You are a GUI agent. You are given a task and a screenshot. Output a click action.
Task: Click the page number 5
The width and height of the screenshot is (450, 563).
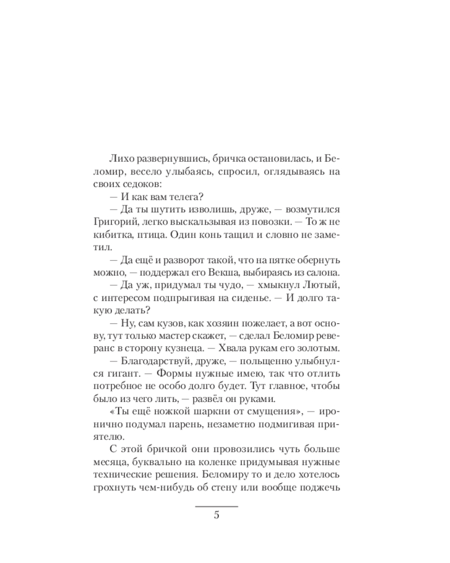[217, 516]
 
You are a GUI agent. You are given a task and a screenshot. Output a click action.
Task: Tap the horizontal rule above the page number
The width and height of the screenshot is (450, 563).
[217, 506]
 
